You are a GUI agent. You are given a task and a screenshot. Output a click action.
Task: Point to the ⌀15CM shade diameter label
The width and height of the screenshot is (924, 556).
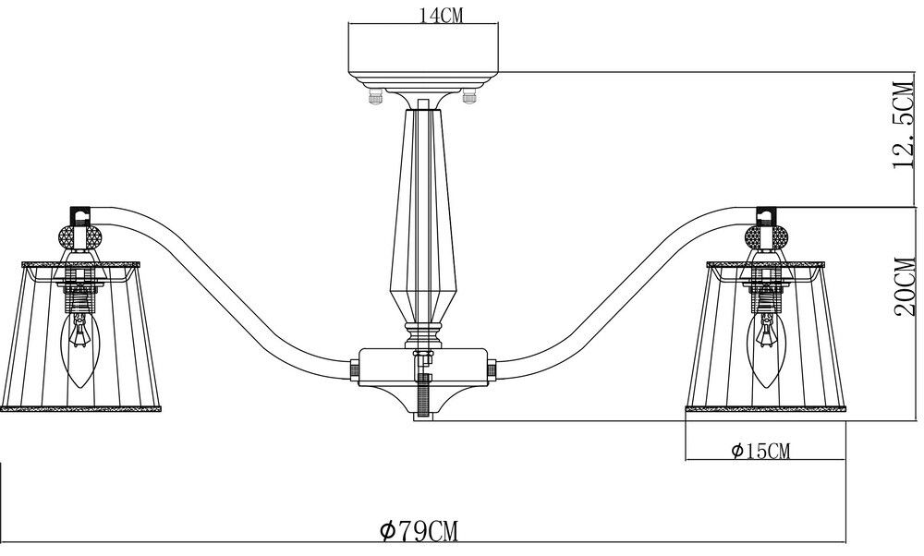(x=760, y=451)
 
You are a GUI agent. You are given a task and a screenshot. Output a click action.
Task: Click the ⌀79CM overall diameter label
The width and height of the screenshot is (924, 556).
(x=419, y=531)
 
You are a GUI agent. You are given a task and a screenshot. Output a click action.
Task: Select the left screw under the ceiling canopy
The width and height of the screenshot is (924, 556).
(x=375, y=94)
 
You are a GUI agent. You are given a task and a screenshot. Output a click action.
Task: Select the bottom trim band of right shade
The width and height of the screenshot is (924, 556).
(x=766, y=408)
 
